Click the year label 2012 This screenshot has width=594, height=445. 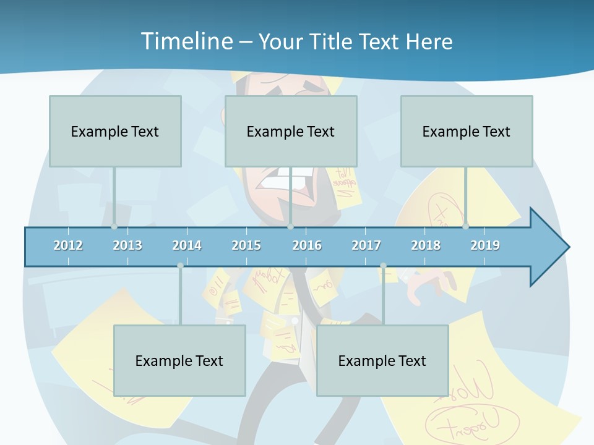pos(68,245)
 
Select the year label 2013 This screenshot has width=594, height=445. pos(127,245)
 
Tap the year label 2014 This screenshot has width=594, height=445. pos(187,245)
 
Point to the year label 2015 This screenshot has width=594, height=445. pos(246,245)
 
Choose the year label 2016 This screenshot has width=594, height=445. pos(307,245)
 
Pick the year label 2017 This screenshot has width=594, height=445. pos(366,245)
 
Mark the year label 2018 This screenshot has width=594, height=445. pos(426,245)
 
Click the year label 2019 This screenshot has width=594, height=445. pos(485,245)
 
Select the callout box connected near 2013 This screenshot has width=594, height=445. pos(115,131)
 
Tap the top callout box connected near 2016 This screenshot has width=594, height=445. pos(291,131)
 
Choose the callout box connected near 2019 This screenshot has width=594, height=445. pos(467,131)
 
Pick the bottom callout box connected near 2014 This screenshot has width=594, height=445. pos(179,360)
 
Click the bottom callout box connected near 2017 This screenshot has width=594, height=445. pos(382,360)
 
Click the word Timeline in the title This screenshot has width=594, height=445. pos(186,41)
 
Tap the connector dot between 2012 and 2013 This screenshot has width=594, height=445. pos(114,226)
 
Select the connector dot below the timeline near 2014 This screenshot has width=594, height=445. pos(180,266)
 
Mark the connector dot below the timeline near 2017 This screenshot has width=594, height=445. pos(383,266)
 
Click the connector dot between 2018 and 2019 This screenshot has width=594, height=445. pos(465,226)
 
